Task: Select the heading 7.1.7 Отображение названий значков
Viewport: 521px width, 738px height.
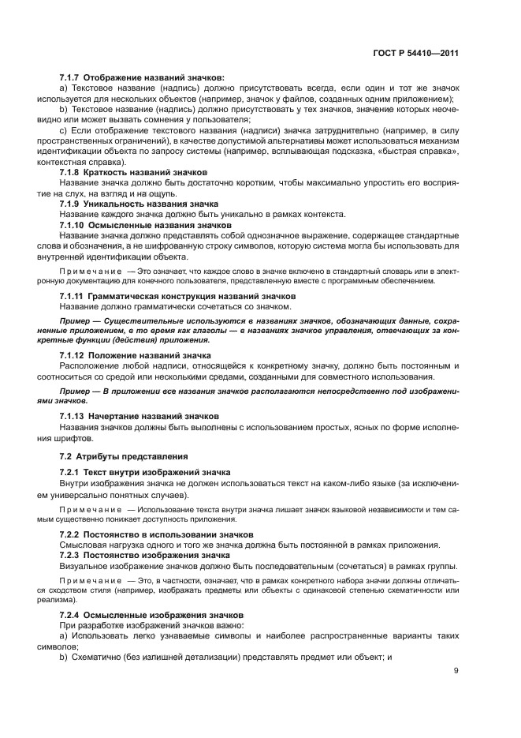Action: [142, 77]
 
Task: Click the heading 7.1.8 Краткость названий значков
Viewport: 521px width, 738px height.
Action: [133, 171]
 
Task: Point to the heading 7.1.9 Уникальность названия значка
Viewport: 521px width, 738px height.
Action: [133, 203]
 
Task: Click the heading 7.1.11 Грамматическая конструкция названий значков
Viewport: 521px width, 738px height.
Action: [168, 295]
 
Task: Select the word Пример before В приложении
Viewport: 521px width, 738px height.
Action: [76, 391]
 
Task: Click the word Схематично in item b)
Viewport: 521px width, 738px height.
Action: [97, 656]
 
